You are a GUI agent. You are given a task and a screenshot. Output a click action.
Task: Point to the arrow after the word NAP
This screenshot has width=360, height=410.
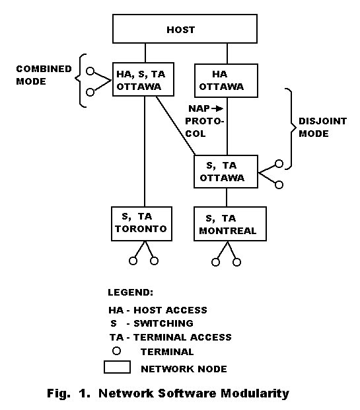217,108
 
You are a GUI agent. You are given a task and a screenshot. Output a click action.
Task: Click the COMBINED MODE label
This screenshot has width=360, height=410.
44,75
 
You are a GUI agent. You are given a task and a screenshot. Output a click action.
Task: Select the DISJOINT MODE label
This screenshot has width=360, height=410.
322,128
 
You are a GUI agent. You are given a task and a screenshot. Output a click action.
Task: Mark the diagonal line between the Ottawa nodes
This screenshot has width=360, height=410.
176,126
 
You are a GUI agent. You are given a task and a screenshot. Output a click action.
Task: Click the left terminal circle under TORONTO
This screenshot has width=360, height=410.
133,261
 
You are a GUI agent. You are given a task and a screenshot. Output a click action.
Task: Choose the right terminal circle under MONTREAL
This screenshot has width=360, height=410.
236,262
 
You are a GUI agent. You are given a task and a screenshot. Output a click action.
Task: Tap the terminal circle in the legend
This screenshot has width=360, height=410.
116,351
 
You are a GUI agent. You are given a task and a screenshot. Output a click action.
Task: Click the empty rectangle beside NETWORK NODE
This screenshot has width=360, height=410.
117,361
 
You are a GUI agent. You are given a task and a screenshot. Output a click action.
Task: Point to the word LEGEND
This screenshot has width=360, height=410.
130,292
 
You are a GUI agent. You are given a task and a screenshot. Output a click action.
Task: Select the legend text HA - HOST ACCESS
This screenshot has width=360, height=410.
158,310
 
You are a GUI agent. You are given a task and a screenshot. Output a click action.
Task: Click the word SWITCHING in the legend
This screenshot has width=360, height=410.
164,323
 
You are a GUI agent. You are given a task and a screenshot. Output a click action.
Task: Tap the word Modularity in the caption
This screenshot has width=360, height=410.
255,393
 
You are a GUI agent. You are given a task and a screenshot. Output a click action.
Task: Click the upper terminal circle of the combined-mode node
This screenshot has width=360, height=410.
90,71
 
